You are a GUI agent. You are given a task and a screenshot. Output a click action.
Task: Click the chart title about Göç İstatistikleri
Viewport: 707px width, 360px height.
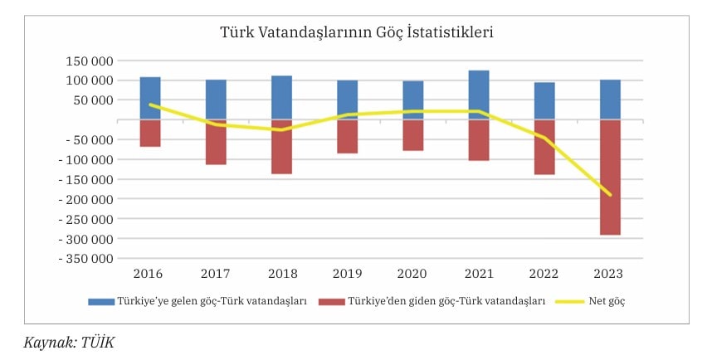[357, 33]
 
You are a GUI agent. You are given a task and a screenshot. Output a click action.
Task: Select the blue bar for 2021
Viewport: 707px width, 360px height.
[479, 95]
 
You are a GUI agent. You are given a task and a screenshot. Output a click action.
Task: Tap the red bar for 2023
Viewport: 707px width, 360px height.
[610, 178]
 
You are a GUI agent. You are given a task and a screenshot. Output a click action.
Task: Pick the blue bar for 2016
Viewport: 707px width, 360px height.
[150, 98]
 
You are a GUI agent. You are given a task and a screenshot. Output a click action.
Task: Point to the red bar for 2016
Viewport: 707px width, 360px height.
[150, 134]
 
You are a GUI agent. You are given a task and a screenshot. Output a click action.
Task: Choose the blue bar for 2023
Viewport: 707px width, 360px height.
[610, 100]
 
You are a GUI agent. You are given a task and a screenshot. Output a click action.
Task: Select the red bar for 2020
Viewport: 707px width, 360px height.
[412, 135]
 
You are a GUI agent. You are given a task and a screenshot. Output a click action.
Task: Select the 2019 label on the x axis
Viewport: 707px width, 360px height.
[347, 274]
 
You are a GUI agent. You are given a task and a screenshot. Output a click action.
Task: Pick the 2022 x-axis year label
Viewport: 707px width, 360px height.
[544, 274]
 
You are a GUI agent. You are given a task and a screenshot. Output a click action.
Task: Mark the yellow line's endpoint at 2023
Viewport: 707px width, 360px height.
[610, 195]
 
